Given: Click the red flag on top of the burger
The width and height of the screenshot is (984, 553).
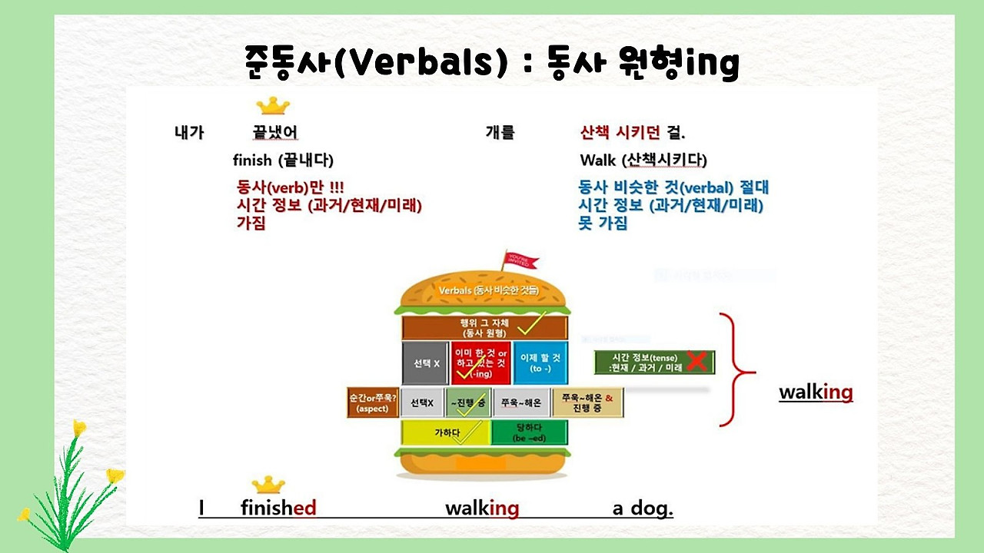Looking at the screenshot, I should [518, 260].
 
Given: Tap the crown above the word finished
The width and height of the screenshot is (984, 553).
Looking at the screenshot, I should [268, 484].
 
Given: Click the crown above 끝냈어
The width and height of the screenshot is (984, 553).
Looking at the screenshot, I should [272, 105].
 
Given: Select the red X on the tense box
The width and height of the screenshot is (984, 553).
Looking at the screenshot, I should [696, 361].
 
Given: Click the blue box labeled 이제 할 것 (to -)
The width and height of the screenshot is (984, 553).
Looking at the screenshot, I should [540, 363].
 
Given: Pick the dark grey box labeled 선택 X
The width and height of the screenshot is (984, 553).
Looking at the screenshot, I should [425, 363].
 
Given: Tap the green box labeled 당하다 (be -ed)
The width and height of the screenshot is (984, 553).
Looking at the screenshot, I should [529, 432].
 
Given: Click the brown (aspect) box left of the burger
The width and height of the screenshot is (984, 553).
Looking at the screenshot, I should [372, 402].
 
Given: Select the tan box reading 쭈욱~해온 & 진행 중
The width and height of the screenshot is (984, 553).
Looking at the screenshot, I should [587, 402].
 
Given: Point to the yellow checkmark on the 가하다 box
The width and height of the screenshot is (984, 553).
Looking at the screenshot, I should [470, 432].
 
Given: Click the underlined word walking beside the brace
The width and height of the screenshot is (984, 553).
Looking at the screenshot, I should [816, 392].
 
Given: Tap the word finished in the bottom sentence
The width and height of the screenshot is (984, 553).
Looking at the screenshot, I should [278, 508].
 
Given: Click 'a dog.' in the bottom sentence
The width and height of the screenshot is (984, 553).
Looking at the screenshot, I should [643, 508].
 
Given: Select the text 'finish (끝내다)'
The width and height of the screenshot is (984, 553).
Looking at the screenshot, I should [283, 161].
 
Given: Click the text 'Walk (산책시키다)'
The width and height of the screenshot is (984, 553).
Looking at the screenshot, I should [643, 161].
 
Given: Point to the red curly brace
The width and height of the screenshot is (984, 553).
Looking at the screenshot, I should [736, 369].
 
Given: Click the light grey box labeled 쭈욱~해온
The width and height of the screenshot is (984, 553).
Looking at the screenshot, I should [520, 402].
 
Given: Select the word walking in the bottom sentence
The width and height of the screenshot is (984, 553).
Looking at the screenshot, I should [482, 508].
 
